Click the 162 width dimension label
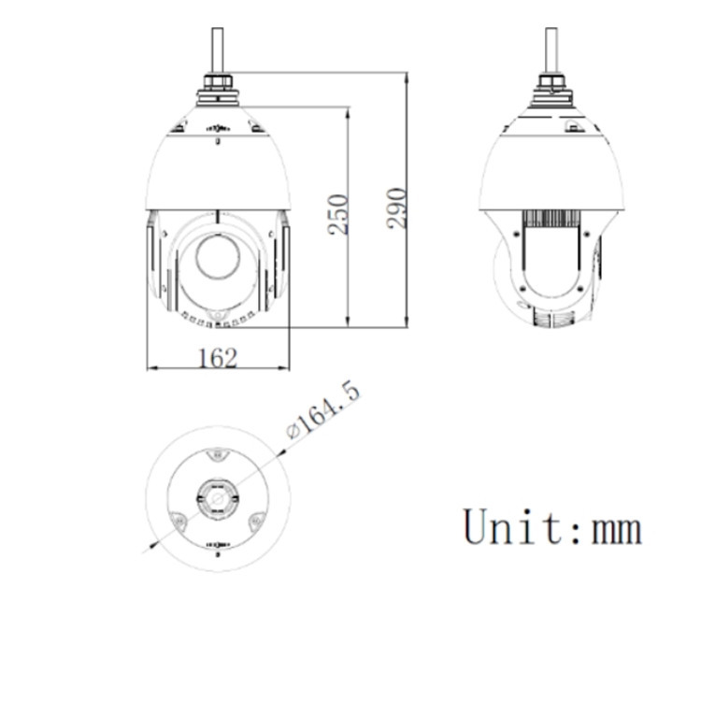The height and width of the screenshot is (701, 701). (x=218, y=357)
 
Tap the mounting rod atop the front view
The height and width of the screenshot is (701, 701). (x=217, y=51)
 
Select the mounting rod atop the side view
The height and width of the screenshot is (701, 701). (x=551, y=51)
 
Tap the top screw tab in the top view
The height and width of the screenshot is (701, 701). (x=217, y=456)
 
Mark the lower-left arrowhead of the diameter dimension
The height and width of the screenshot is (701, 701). (x=150, y=547)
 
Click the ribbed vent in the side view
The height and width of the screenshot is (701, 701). (x=551, y=221)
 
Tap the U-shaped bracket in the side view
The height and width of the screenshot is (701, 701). (x=552, y=271)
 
